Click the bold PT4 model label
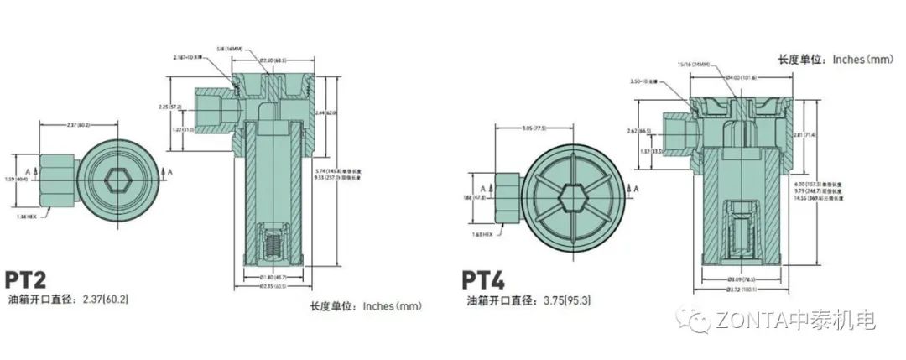[486, 278]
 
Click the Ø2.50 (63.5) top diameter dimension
[273, 61]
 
